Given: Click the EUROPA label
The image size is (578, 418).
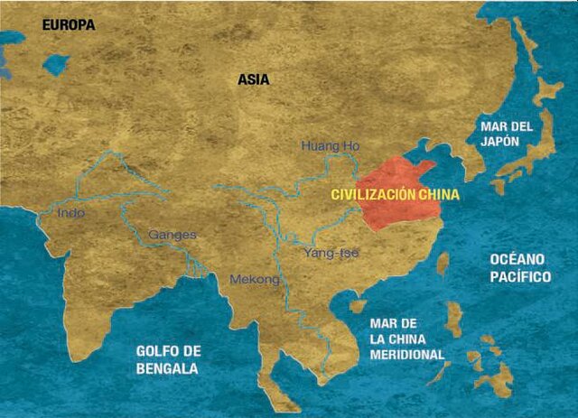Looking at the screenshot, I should [x=68, y=25].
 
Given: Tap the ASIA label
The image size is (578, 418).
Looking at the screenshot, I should [x=254, y=79].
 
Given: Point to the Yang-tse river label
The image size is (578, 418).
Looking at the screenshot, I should [x=331, y=252].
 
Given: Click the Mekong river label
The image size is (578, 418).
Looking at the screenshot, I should [x=255, y=280].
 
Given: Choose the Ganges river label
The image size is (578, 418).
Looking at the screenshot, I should [x=172, y=235].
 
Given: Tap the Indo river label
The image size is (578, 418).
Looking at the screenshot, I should [x=71, y=214].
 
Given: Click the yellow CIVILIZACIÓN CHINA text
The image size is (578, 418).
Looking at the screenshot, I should [x=396, y=194].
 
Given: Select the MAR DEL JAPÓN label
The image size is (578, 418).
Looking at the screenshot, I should [x=507, y=135].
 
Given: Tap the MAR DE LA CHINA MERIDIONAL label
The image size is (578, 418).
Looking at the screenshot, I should [x=407, y=339].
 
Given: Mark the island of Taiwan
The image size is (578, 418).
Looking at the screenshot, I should [x=443, y=264].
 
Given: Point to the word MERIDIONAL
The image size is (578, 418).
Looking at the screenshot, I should [x=407, y=355].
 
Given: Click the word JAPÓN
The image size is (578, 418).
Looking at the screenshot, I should [x=507, y=144].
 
